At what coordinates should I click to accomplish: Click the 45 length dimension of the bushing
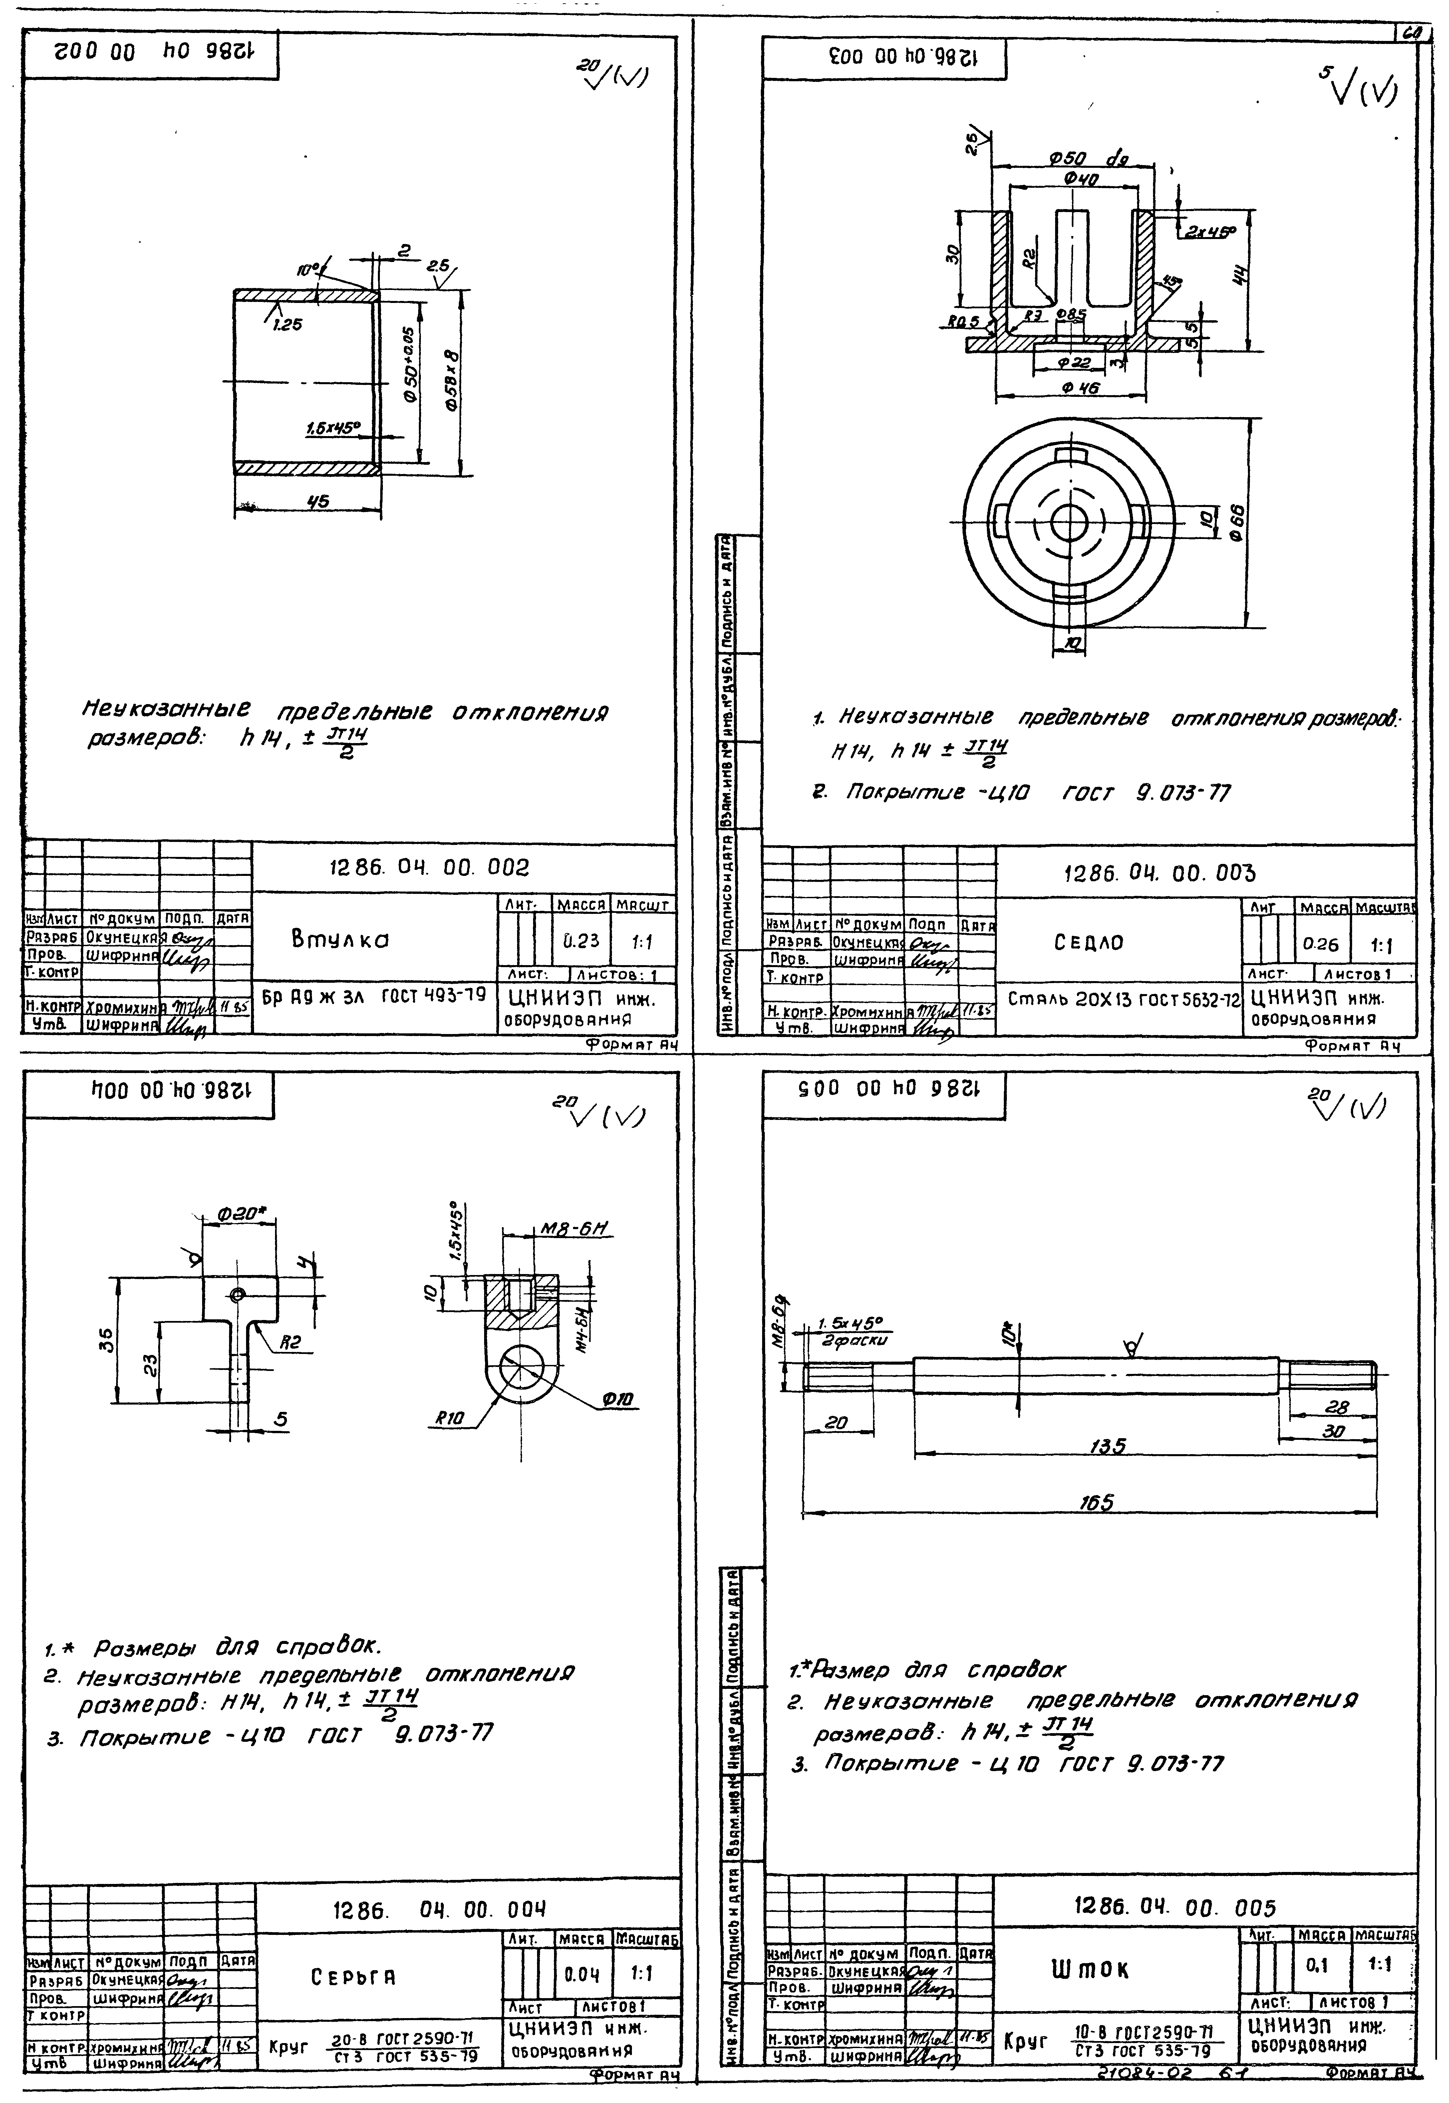(x=318, y=502)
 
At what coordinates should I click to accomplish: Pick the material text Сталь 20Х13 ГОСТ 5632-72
(x=1123, y=999)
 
